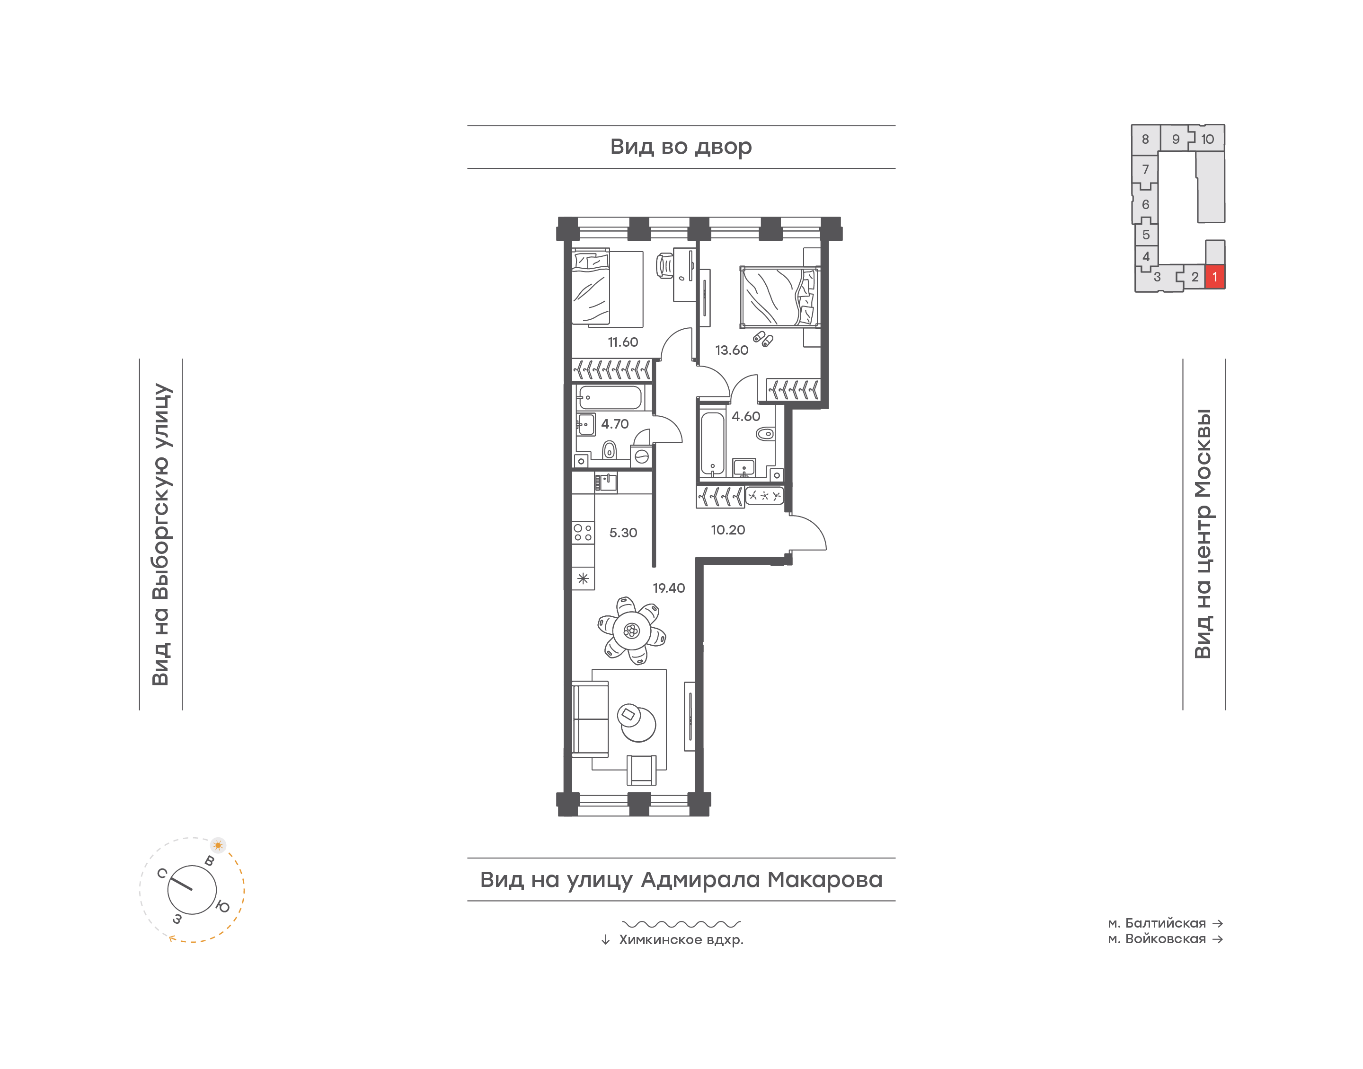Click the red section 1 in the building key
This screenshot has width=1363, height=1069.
click(x=1214, y=277)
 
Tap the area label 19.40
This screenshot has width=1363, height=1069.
click(x=669, y=588)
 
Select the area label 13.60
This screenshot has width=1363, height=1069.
click(x=731, y=350)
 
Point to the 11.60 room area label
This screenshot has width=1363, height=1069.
click(x=622, y=342)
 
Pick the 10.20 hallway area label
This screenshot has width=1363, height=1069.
click(x=727, y=530)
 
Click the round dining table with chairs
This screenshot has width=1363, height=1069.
click(x=631, y=630)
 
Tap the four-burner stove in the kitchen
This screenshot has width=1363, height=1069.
click(x=583, y=533)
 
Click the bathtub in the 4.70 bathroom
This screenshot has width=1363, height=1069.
click(x=610, y=397)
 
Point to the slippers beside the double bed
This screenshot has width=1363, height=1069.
click(x=762, y=339)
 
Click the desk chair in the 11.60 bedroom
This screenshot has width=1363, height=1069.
click(x=665, y=265)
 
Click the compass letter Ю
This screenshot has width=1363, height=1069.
click(x=222, y=906)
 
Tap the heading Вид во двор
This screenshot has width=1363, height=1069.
click(x=681, y=147)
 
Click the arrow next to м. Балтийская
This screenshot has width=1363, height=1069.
click(x=1218, y=923)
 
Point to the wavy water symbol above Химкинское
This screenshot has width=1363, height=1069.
click(x=681, y=924)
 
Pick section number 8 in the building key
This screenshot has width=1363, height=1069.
click(x=1145, y=140)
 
